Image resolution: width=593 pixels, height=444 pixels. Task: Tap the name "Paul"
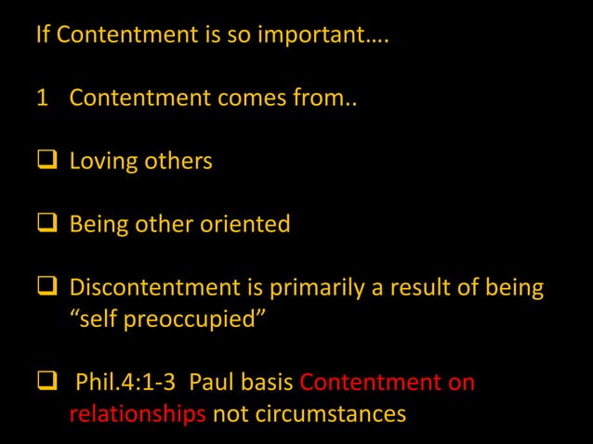pos(214,383)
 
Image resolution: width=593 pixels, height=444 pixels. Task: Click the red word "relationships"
pos(138,413)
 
